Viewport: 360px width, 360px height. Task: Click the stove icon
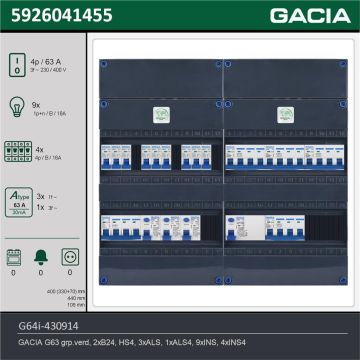[x=15, y=257]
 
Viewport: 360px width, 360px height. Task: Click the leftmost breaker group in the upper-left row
[x=113, y=158]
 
